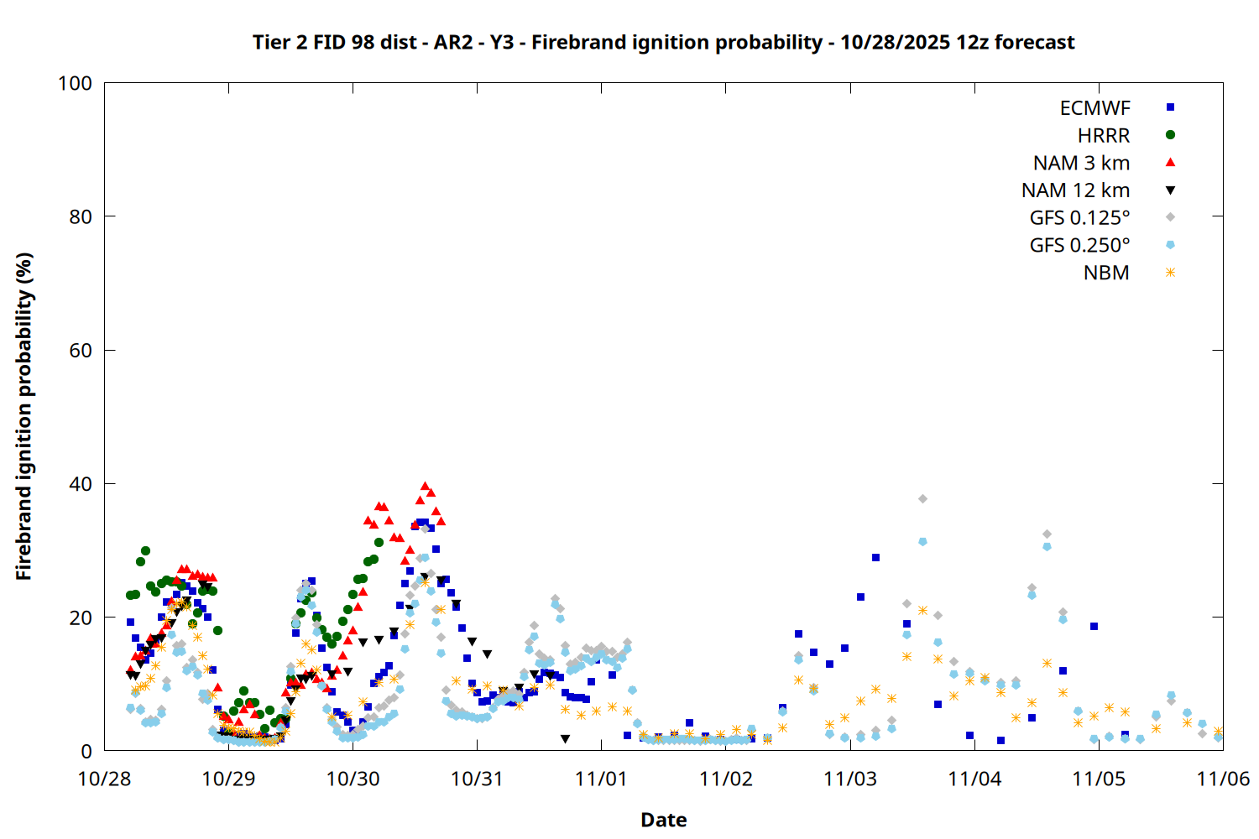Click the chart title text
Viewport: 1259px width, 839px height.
663,42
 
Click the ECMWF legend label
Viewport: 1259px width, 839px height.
1094,108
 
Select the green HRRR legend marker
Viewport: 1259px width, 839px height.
1170,135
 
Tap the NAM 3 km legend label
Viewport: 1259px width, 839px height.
1081,163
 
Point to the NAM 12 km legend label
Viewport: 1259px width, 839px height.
1075,190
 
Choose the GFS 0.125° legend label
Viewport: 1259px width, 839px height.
1079,218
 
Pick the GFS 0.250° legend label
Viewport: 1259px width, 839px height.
1079,246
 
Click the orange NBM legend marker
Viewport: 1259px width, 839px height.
1170,273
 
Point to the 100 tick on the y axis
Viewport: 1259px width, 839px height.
75,83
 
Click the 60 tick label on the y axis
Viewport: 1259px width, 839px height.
81,351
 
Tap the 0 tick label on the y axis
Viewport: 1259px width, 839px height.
86,752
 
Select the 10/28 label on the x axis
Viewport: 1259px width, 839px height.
104,779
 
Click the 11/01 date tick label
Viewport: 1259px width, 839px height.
601,779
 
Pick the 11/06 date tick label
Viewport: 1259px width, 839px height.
1223,779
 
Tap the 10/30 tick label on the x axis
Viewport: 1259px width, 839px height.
353,779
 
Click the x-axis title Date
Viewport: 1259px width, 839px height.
663,820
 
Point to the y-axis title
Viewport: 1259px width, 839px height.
24,416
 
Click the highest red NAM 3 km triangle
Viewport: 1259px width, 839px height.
425,486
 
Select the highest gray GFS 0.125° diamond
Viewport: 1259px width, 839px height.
922,498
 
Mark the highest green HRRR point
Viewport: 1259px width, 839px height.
145,551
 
